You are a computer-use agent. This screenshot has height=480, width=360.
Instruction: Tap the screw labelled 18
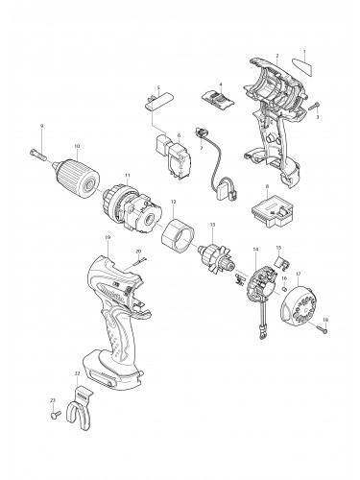(x=322, y=330)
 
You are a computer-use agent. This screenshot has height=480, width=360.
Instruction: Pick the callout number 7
(x=201, y=149)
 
